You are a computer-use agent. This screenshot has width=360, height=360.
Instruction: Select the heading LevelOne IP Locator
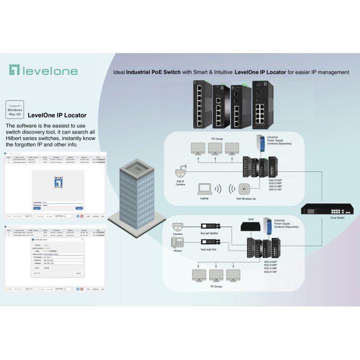[57, 115]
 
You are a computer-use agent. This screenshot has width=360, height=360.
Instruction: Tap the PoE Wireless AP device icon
[246, 189]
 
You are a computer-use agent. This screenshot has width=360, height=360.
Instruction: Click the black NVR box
[251, 227]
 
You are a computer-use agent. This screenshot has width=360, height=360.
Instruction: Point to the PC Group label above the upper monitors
[216, 139]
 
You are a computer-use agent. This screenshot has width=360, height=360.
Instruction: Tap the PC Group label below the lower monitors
[216, 286]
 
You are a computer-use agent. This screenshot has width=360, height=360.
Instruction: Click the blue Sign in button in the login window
[37, 208]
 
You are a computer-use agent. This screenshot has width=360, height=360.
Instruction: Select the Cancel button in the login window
[79, 208]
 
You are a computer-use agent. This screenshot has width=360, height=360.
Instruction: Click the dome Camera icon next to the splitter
[177, 225]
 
